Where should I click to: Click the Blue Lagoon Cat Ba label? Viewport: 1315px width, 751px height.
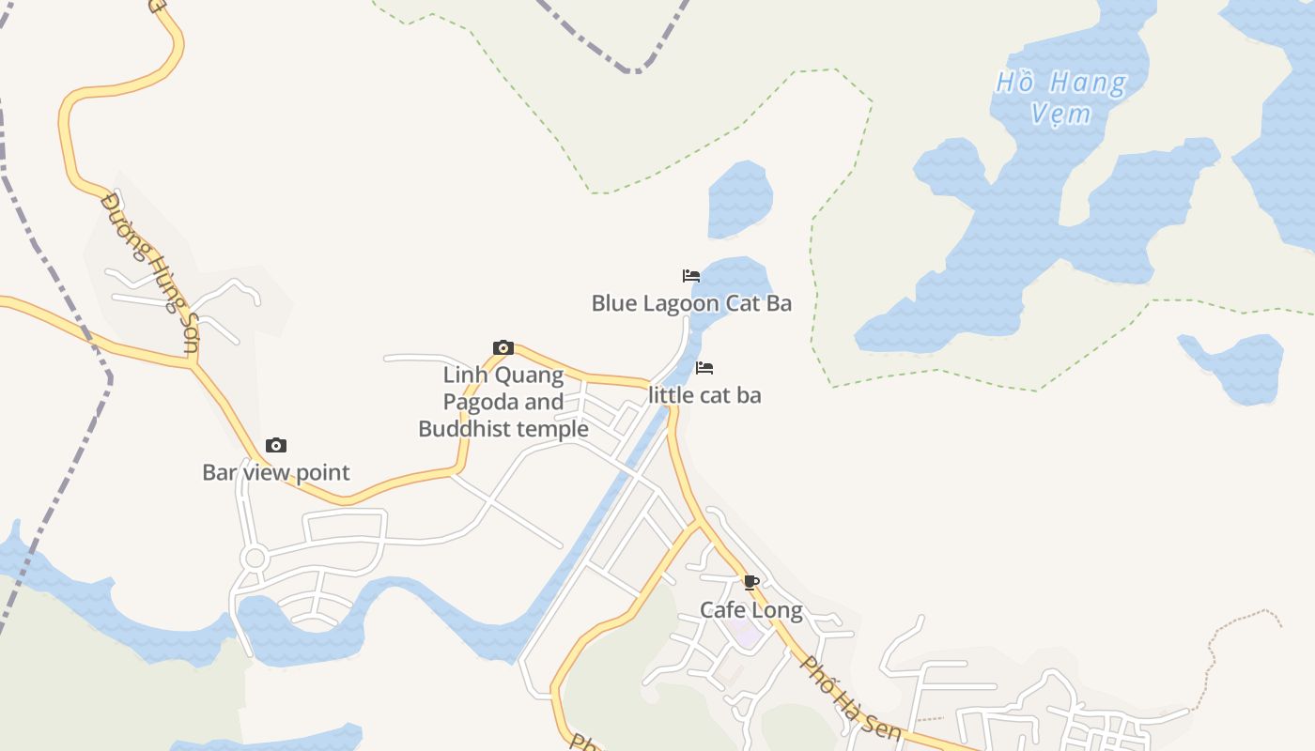[x=691, y=303]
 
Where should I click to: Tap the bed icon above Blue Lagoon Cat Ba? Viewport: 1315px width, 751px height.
[x=691, y=276]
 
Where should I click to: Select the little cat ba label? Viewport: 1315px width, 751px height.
[x=704, y=395]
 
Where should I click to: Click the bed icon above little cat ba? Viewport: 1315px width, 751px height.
[x=704, y=368]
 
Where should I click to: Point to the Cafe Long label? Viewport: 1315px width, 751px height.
[x=751, y=610]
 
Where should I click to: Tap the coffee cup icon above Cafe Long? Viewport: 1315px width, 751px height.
[x=750, y=582]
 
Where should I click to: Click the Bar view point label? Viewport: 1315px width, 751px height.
[x=276, y=472]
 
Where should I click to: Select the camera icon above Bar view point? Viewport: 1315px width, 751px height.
[x=275, y=445]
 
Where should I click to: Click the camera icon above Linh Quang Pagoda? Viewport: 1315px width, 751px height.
[x=503, y=348]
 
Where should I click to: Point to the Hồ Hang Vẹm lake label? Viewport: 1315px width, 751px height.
[x=1061, y=98]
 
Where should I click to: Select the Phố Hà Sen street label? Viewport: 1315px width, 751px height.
[x=851, y=699]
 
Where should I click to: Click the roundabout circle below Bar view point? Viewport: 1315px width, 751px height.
[x=254, y=559]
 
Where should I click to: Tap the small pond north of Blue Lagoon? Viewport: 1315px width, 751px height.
[x=739, y=199]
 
